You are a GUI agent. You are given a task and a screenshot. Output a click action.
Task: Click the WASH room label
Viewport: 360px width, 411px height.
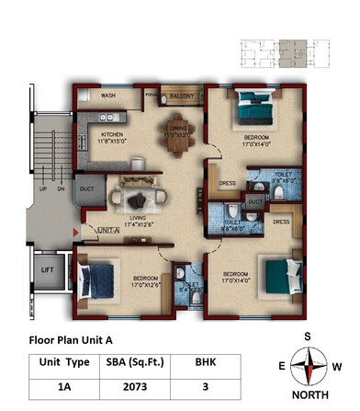(108, 96)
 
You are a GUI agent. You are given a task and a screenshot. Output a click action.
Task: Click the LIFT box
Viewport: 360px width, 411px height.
(48, 269)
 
